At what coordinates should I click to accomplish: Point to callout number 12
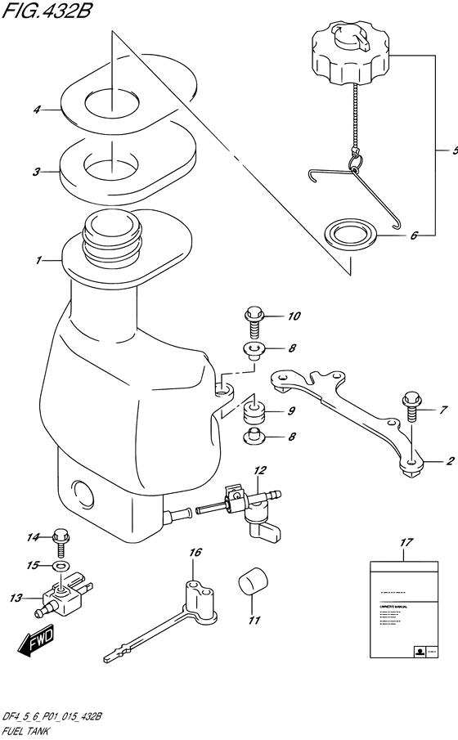258,470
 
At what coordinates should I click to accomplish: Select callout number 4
37,109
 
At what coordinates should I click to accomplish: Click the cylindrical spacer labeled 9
254,412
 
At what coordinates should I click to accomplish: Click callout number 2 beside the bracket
449,461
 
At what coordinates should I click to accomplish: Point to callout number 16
195,554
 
